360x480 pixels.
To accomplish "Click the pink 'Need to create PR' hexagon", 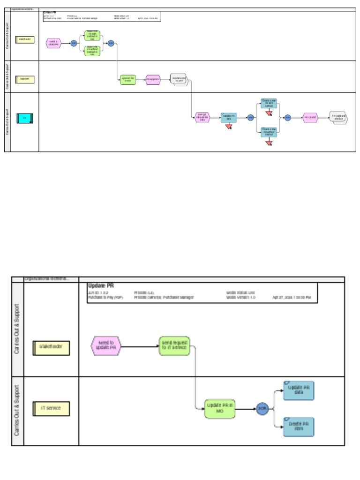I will point(53,44).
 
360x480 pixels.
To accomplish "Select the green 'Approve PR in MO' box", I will point(128,80).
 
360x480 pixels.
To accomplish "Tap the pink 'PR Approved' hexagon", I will point(153,80).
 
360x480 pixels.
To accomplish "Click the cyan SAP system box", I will point(25,118).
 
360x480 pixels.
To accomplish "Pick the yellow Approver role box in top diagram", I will point(25,79).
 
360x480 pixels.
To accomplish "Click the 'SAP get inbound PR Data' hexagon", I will point(202,117).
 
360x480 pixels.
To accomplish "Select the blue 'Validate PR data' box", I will point(229,117).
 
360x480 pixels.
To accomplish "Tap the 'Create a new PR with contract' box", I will point(269,104).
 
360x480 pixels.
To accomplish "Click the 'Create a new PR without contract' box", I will point(269,132).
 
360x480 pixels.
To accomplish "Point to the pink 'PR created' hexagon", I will point(310,118).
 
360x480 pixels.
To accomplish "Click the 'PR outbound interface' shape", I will point(338,117).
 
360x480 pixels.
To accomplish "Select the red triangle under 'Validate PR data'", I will point(229,127).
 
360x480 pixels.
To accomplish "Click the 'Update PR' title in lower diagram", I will point(101,285).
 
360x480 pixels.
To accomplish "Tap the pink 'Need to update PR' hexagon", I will point(105,346).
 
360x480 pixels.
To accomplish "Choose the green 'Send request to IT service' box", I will point(174,346).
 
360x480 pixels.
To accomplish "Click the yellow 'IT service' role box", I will point(51,408).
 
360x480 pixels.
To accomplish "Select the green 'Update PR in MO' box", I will point(219,408).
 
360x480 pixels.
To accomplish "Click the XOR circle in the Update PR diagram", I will point(262,409).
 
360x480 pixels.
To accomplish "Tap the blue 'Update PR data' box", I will point(299,390).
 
